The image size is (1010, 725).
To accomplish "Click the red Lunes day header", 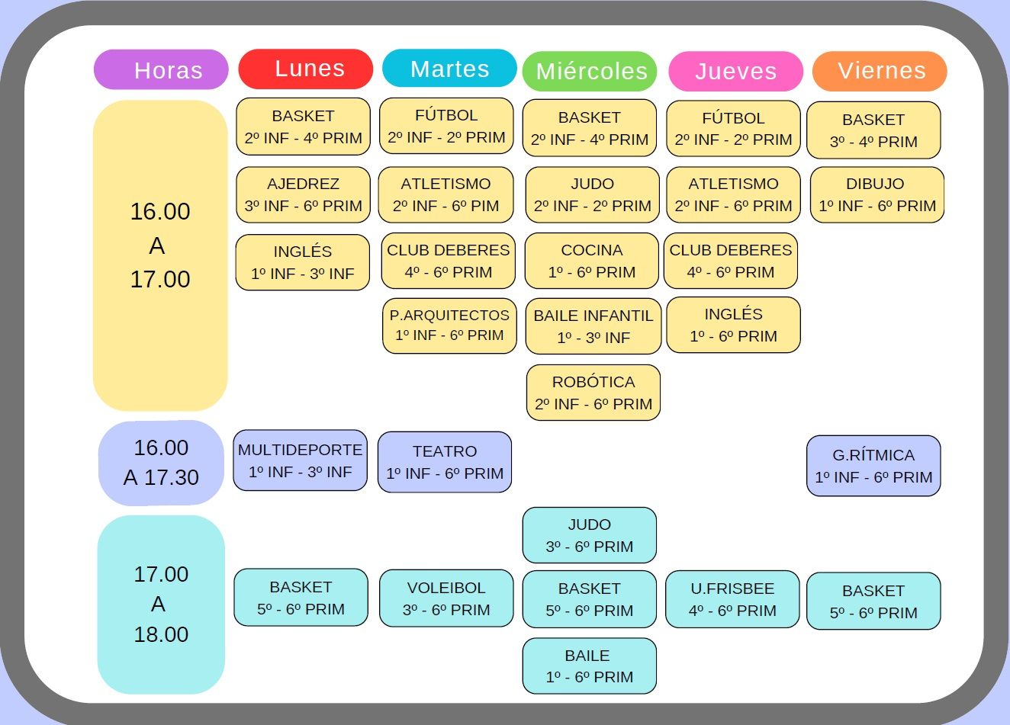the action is [306, 69].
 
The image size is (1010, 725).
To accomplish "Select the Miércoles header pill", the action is [590, 71].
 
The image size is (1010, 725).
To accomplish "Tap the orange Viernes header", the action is [880, 71].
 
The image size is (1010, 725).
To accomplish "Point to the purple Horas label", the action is [161, 69].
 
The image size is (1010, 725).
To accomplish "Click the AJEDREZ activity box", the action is [303, 194].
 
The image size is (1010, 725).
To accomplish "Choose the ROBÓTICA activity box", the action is [593, 393].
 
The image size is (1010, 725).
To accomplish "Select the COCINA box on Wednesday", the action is [591, 261].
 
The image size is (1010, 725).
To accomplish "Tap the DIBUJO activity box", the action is [877, 194].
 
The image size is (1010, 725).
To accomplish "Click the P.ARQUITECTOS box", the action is [449, 326].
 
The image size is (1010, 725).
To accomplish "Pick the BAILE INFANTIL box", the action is [593, 326].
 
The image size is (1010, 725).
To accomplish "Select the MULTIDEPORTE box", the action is [301, 460].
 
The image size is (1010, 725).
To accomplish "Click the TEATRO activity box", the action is [445, 462].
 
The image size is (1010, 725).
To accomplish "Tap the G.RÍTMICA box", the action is [873, 466].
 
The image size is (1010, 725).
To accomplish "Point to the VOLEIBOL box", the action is [446, 598].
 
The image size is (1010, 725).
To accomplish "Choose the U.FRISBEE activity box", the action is [732, 599].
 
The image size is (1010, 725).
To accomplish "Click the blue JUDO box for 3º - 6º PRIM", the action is [590, 535].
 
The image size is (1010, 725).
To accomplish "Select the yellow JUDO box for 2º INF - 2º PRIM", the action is [593, 194].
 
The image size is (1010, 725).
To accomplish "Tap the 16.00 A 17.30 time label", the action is [161, 463].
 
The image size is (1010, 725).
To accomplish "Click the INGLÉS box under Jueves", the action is [734, 325].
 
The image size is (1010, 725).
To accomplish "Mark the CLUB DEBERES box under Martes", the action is [449, 261].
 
